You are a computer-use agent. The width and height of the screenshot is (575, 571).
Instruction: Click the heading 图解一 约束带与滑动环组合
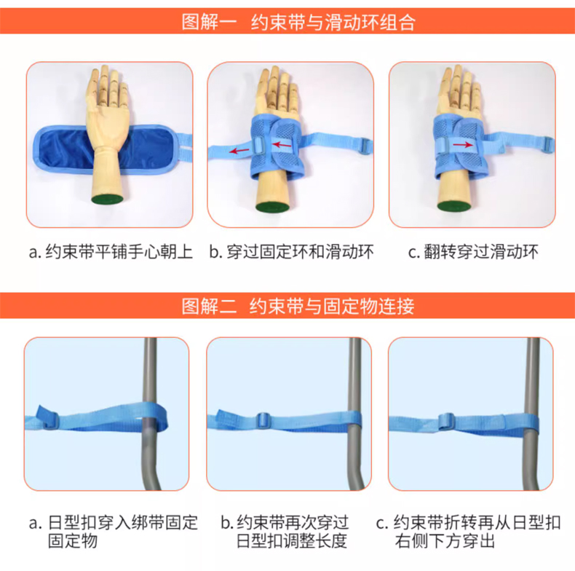(x=298, y=22)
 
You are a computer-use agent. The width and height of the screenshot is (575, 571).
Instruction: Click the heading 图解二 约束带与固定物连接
(x=298, y=306)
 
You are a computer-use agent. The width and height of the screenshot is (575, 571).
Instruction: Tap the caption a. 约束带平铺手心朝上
(x=111, y=252)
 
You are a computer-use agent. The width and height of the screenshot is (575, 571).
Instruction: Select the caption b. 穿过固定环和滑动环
(x=292, y=252)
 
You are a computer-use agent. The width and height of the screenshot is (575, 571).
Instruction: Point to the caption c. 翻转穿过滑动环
(x=473, y=252)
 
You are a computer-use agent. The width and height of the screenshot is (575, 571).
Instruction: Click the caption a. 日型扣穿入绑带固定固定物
(x=114, y=532)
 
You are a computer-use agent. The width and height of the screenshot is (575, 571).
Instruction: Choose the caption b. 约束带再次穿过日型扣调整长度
(x=285, y=532)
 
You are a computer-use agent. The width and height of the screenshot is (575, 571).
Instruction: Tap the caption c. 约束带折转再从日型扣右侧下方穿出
(x=468, y=532)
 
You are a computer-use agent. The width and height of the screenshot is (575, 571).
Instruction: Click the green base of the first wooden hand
(x=107, y=200)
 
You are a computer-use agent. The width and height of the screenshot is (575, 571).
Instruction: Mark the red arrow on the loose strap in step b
(x=239, y=151)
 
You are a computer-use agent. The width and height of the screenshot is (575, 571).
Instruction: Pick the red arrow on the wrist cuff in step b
(x=282, y=144)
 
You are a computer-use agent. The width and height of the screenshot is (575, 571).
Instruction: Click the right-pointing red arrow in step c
(x=463, y=145)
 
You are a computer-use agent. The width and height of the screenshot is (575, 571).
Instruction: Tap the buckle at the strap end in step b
(x=365, y=146)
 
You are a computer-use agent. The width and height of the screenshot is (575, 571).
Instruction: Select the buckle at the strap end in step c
(x=548, y=145)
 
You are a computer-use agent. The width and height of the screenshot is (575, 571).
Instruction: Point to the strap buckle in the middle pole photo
(x=263, y=420)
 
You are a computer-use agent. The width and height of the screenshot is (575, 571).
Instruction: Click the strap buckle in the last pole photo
(x=446, y=421)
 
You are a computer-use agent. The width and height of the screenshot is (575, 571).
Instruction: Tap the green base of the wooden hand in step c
(x=454, y=206)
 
